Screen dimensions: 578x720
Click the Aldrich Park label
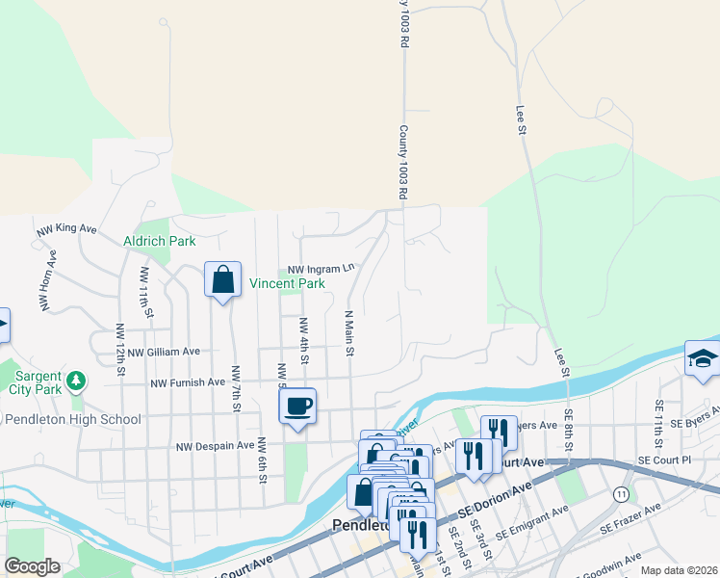(x=159, y=241)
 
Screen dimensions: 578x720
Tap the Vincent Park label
(x=287, y=284)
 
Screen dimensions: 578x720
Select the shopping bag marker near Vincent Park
(x=222, y=280)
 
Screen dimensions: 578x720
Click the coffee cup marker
(x=298, y=405)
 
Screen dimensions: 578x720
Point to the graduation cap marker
(x=702, y=357)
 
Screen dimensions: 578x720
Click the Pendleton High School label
(x=73, y=419)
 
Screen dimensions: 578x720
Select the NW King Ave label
(x=66, y=229)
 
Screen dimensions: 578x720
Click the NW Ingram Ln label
(x=317, y=270)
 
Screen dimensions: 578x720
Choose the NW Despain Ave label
(x=212, y=446)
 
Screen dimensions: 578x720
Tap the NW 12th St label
(x=120, y=343)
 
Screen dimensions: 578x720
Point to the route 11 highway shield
(x=620, y=493)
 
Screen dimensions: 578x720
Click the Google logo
(x=32, y=566)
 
